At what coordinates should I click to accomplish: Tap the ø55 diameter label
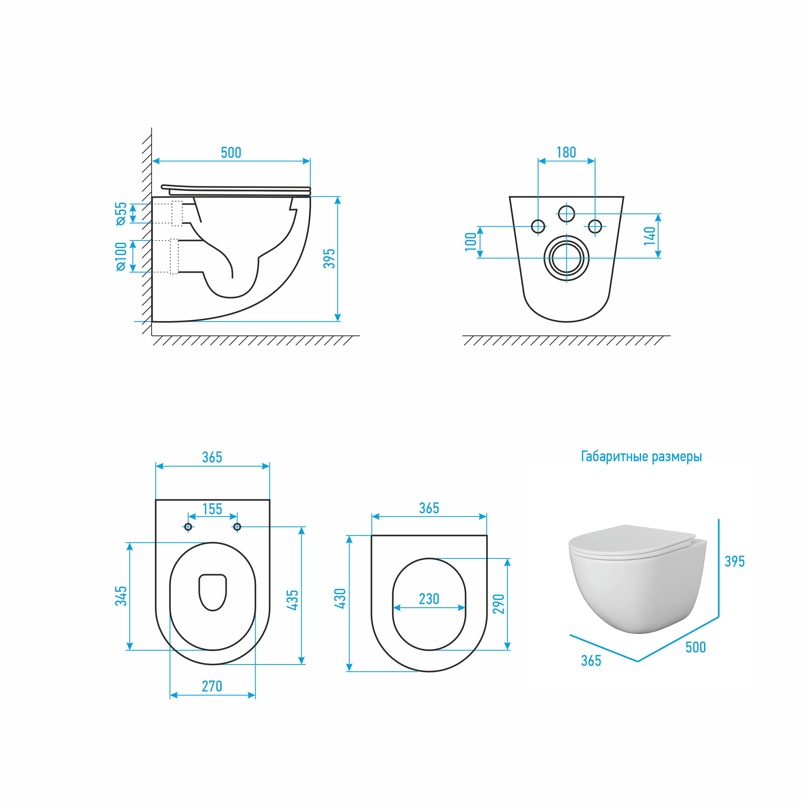tap(121, 214)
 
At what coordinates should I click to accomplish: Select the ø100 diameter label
tap(121, 256)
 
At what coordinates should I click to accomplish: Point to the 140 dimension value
tap(650, 236)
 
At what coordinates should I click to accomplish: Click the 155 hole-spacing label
tap(212, 509)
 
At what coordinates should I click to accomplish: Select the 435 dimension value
tap(293, 600)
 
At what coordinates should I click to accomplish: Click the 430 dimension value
tap(340, 598)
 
